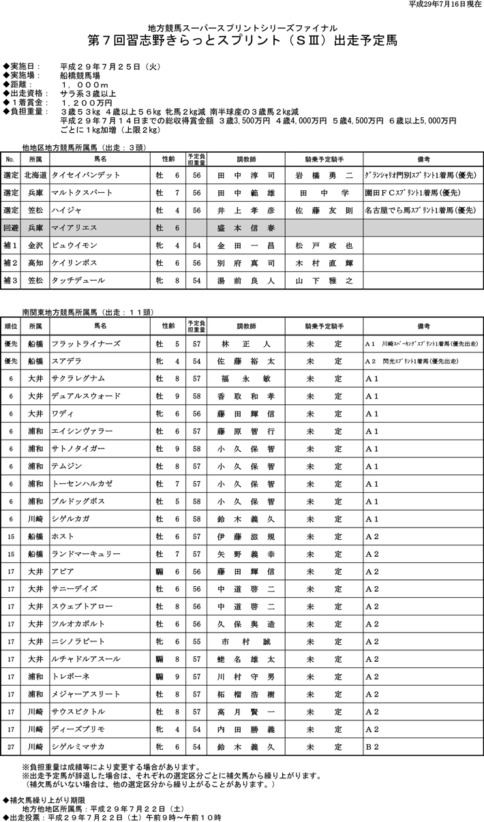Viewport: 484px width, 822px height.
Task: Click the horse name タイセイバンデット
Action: tap(85, 175)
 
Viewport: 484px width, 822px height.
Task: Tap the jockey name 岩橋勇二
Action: tap(324, 175)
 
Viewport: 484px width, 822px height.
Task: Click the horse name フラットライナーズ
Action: tap(85, 344)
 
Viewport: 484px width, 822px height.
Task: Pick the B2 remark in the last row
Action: tap(372, 747)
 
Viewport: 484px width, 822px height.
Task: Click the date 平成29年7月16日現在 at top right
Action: tap(444, 5)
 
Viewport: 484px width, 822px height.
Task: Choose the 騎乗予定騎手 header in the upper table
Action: tap(324, 158)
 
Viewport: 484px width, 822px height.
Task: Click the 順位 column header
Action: tap(11, 326)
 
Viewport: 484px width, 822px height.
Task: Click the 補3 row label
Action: tap(11, 280)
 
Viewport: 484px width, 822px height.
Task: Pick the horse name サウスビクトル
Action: tap(78, 712)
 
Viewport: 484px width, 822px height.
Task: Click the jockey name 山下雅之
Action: tap(324, 280)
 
